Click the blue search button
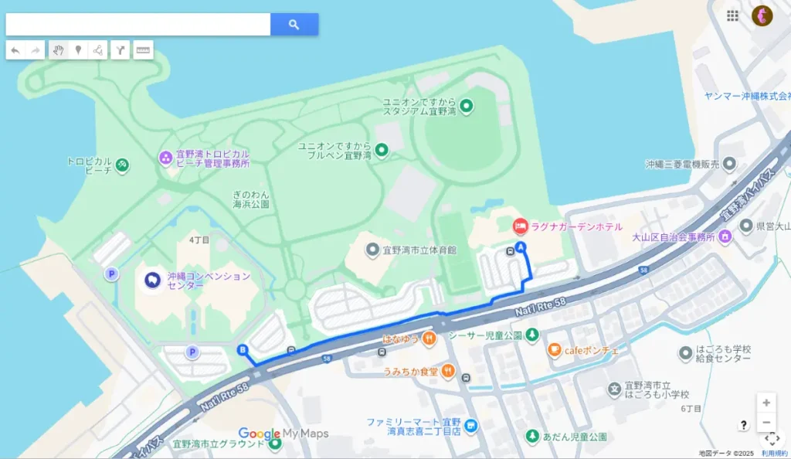[x=294, y=25]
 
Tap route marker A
[x=521, y=247]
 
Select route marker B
[x=243, y=349]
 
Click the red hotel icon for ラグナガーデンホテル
[x=521, y=226]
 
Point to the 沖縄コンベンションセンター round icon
[x=152, y=279]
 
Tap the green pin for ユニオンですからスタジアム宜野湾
[x=466, y=105]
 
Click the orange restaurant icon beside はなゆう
[x=429, y=338]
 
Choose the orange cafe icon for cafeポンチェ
[x=554, y=350]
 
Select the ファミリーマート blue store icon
[x=470, y=426]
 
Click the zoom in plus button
[x=766, y=403]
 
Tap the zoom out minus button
[x=766, y=422]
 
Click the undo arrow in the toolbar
[x=15, y=50]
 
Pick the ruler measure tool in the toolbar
[x=143, y=50]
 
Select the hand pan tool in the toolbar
[x=58, y=50]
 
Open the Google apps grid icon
[x=732, y=15]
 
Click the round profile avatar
[x=762, y=15]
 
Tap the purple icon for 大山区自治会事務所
[x=725, y=236]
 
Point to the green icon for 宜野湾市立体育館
[x=373, y=250]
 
